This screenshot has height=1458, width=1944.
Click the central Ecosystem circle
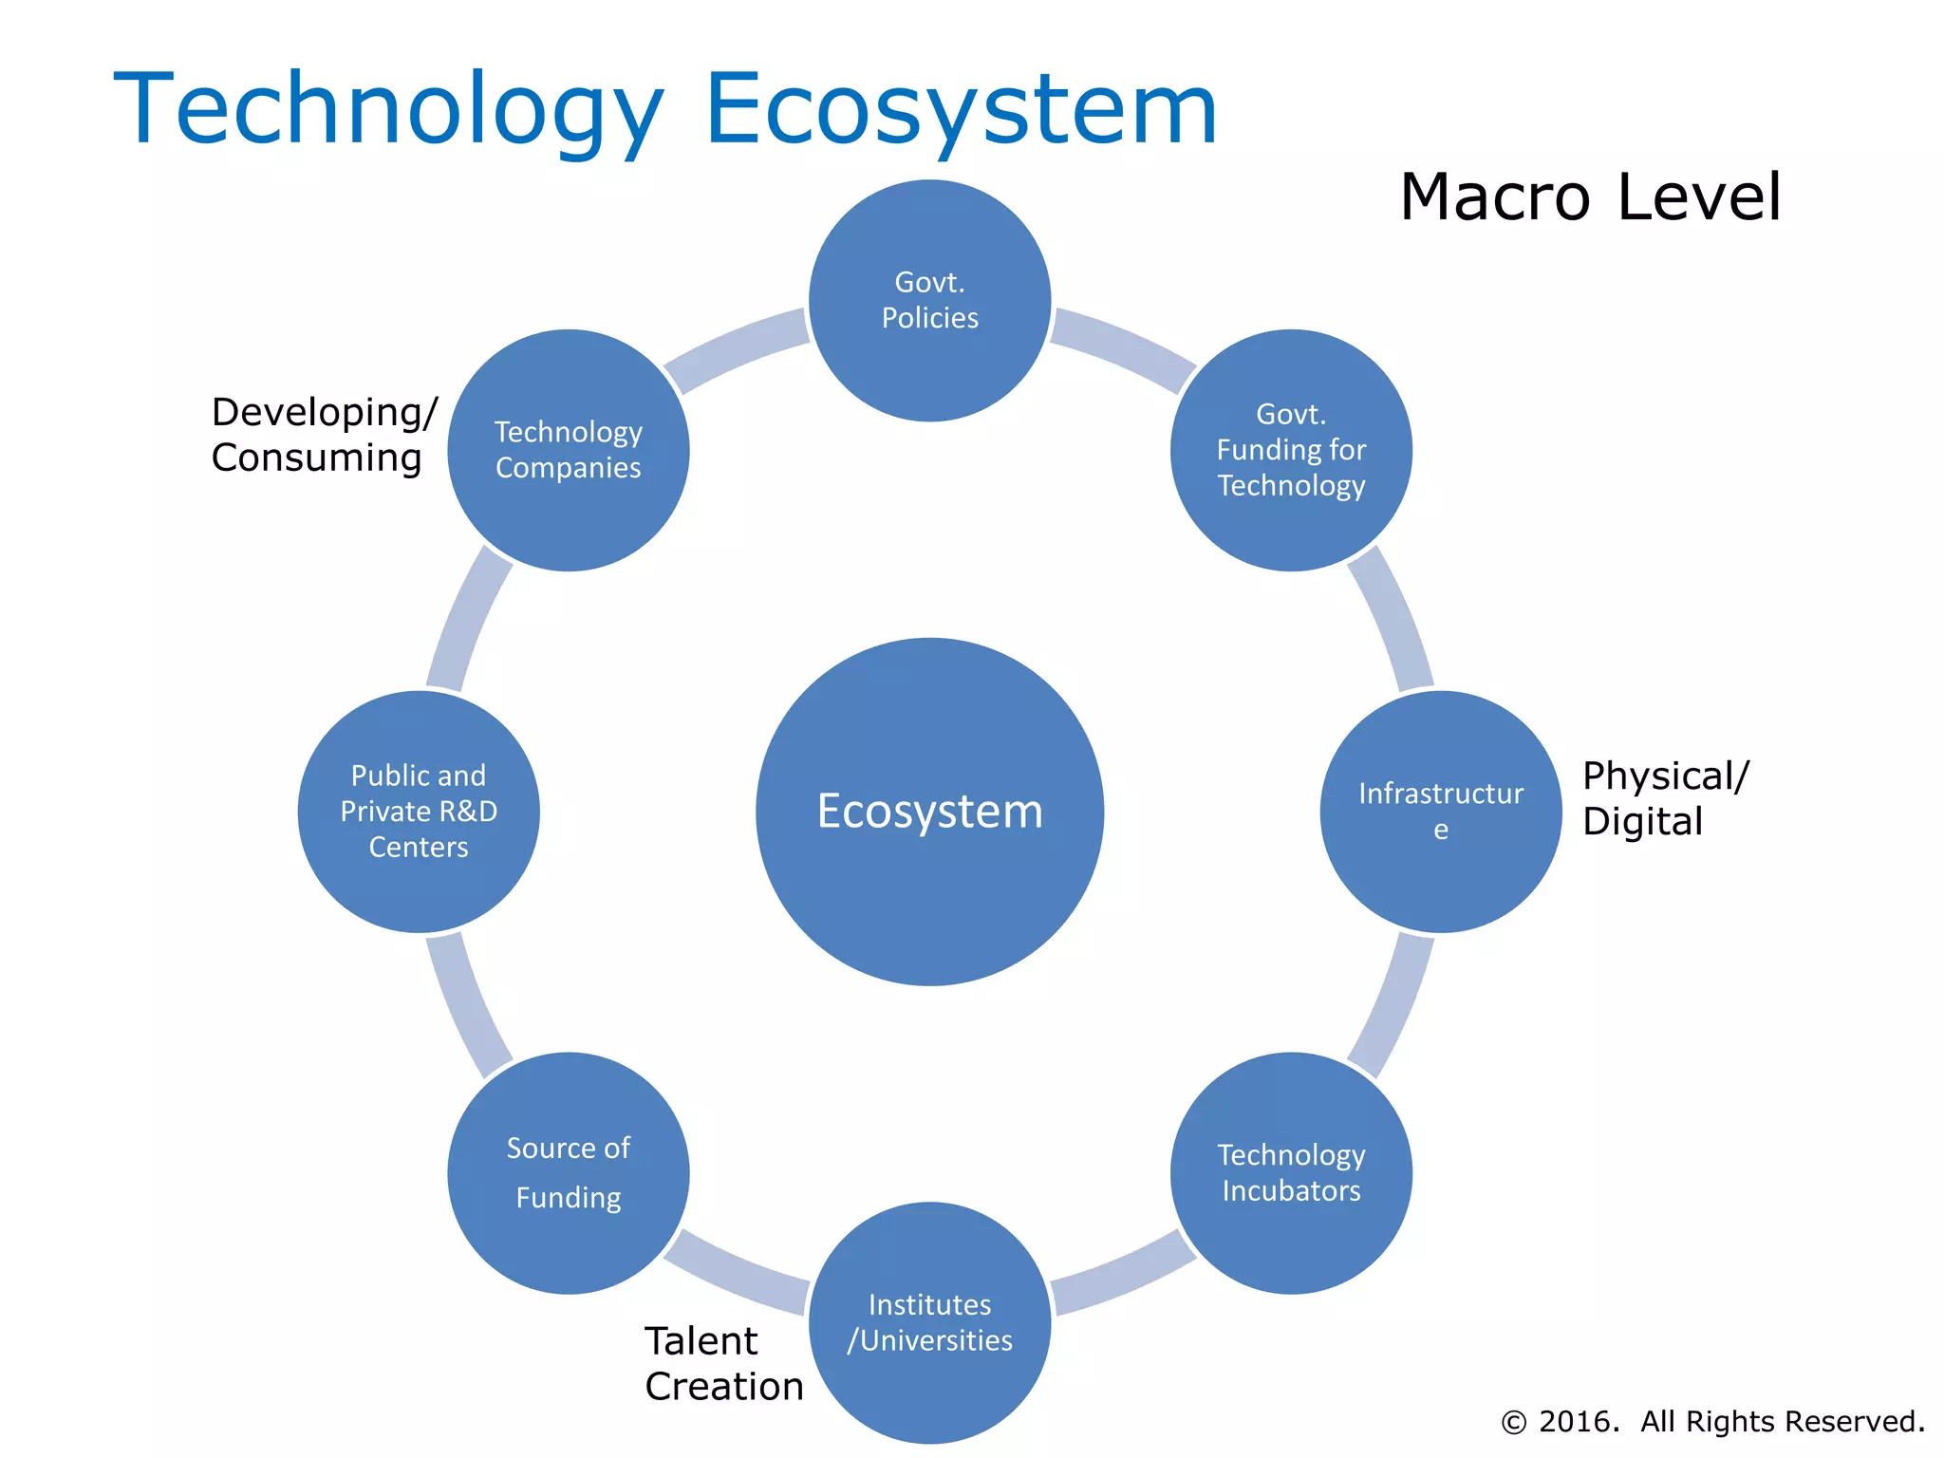[x=929, y=812]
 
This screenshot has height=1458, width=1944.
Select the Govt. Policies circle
[x=929, y=300]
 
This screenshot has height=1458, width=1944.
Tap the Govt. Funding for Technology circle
[x=1291, y=450]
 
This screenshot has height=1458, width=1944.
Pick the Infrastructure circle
[x=1440, y=812]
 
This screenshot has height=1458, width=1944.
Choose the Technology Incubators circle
[x=1291, y=1173]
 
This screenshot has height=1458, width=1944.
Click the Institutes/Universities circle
[x=929, y=1322]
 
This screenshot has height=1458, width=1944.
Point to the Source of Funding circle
[x=568, y=1173]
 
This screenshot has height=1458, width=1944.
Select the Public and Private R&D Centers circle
[x=419, y=812]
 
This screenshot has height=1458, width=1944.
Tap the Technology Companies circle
[x=568, y=450]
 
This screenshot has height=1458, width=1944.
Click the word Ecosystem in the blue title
[x=961, y=109]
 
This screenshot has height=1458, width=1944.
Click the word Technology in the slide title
[x=387, y=109]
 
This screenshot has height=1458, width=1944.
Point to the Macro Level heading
[x=1590, y=197]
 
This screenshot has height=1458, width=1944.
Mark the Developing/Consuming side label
[x=323, y=435]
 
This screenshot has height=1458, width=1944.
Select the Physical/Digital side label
[x=1664, y=798]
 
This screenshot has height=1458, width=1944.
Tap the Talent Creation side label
[x=723, y=1364]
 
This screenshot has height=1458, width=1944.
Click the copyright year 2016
[x=1579, y=1421]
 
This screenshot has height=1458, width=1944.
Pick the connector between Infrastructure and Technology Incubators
[x=1393, y=1003]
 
